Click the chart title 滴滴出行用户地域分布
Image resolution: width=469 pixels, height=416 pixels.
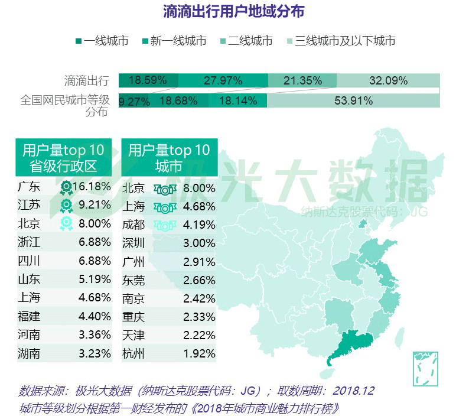point(234,11)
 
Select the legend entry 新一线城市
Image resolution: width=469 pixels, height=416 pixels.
point(178,41)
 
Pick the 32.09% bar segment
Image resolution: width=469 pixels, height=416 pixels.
point(388,80)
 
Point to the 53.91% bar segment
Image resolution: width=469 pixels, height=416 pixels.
point(353,100)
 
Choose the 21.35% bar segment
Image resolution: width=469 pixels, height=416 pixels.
point(302,80)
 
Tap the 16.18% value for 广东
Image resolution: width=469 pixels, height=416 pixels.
point(92,187)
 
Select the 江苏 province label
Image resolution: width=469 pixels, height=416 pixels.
point(29,206)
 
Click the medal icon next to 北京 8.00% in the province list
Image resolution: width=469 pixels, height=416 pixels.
point(66,224)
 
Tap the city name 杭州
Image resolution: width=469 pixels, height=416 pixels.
point(133,354)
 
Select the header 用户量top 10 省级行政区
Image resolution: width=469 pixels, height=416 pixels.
point(63,158)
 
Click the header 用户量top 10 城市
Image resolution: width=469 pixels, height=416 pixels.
point(169,158)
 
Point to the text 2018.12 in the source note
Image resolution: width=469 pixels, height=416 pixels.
point(353,391)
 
